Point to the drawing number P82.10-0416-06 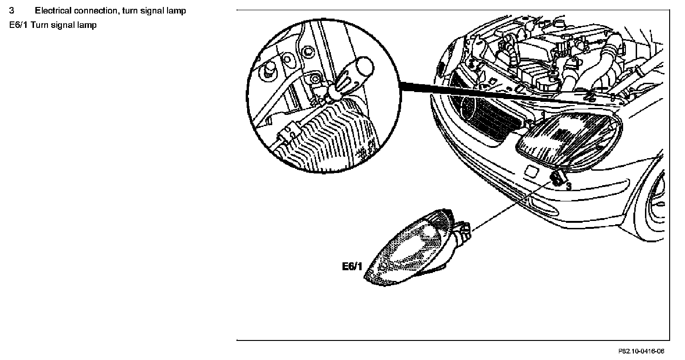coord(641,352)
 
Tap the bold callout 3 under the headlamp coord(569,187)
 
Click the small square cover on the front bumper coord(530,171)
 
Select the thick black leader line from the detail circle coord(489,93)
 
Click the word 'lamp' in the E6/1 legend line coord(88,25)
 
